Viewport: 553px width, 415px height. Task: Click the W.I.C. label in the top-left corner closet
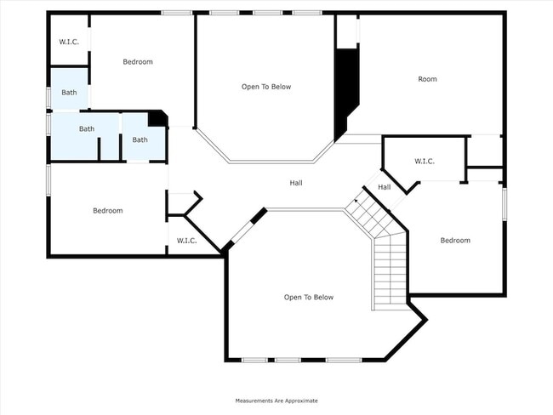(68, 42)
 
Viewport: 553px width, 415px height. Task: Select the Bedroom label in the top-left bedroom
(137, 61)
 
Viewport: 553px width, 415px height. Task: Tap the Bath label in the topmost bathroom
(69, 92)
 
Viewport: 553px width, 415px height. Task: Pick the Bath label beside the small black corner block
(140, 139)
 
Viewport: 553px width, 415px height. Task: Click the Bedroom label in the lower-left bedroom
(107, 210)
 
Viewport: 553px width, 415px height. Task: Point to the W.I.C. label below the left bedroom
(186, 241)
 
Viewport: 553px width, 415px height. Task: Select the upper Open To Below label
(266, 87)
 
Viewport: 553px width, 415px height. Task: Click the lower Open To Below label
(308, 297)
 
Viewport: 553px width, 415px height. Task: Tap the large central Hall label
(295, 183)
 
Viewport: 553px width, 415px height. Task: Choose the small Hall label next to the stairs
(384, 187)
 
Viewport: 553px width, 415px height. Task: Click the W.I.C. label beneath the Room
(425, 161)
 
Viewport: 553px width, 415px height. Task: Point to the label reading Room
(427, 79)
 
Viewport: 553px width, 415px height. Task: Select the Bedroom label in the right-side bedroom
(454, 240)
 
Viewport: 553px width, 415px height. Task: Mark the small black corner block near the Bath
(157, 119)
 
